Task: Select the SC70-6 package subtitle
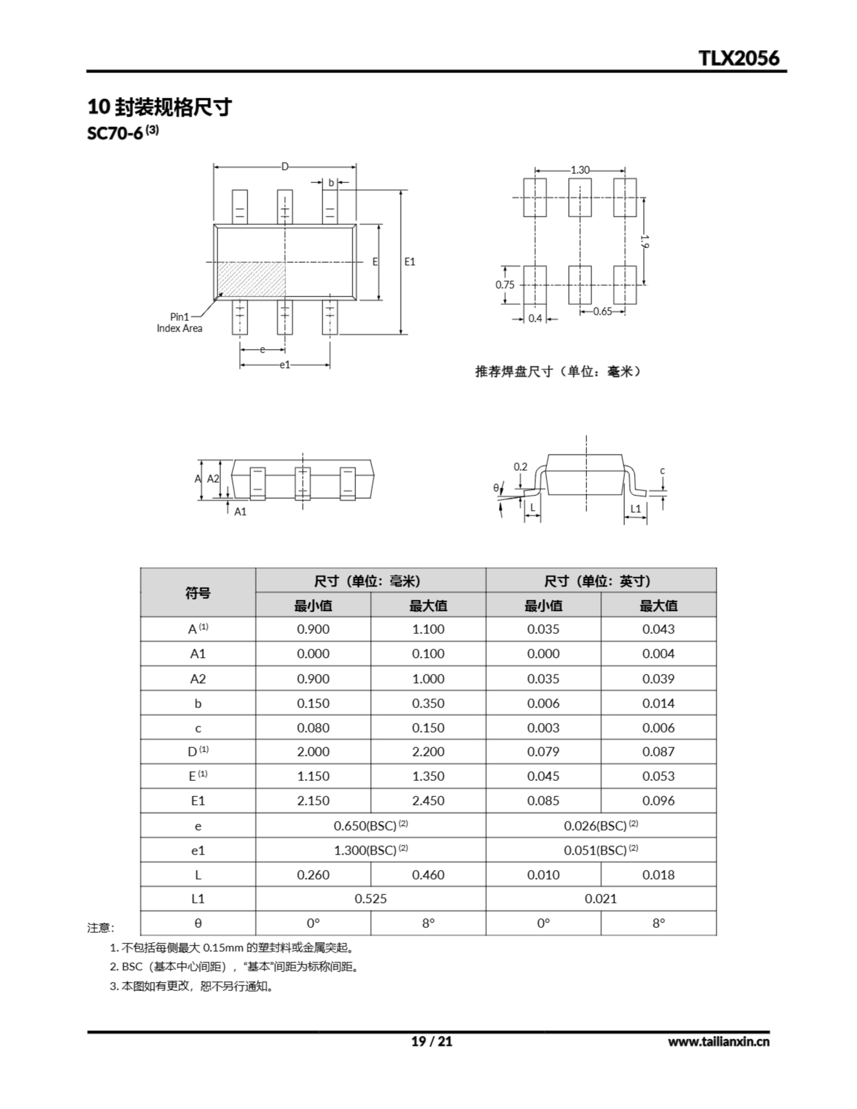tap(123, 133)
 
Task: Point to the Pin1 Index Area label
tap(179, 322)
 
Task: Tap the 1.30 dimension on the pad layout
tap(580, 170)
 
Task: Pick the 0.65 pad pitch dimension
tap(603, 311)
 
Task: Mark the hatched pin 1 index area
tap(250, 279)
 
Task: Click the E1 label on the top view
tap(409, 262)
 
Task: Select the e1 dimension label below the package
tap(285, 365)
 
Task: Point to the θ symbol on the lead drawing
tap(496, 487)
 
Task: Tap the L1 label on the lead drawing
tap(636, 508)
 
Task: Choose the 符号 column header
tap(198, 592)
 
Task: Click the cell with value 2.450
tap(428, 800)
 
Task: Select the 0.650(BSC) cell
tap(370, 826)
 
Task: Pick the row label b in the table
tap(198, 703)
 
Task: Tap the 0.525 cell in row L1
tap(370, 899)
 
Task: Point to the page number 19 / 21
tap(431, 1041)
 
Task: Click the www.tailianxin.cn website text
tap(718, 1041)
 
